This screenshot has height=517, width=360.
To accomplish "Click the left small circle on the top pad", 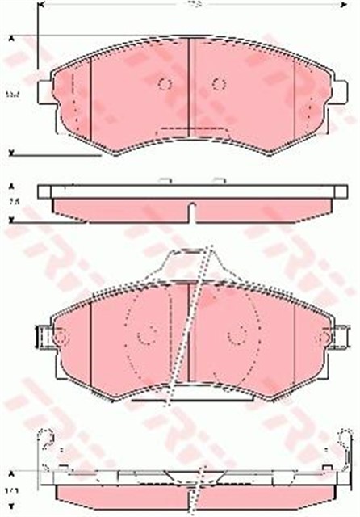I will point(165,84).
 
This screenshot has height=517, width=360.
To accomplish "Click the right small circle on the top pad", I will point(218,84).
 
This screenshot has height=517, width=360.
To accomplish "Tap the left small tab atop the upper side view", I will point(165,179).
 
